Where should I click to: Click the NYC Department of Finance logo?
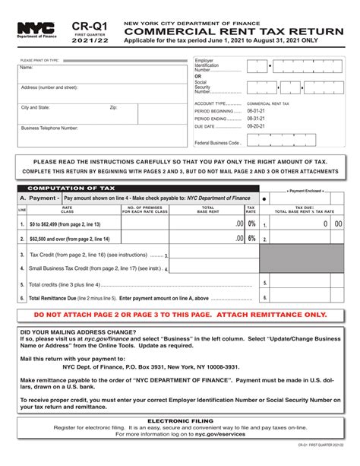coord(35,30)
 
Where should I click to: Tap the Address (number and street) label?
coord(50,87)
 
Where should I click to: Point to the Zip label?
coord(114,108)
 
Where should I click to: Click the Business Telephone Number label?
coord(49,128)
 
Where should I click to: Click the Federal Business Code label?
coord(218,142)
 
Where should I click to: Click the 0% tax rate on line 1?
coord(251,224)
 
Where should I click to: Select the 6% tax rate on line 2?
coord(251,238)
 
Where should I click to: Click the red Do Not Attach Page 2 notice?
coord(180,314)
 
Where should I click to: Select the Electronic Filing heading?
coord(180,420)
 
